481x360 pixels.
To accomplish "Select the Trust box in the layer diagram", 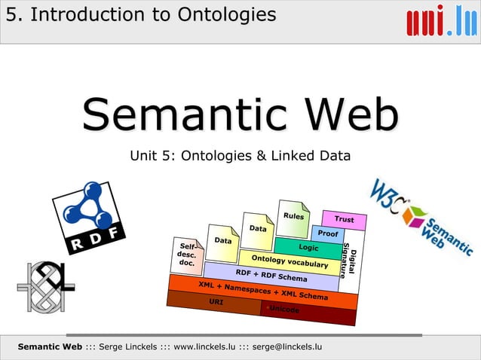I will click(344, 220).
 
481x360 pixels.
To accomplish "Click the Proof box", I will click(327, 234).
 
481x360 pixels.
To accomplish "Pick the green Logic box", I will click(308, 247).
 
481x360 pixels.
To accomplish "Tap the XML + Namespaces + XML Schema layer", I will click(262, 292).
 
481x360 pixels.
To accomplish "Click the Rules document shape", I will click(293, 217).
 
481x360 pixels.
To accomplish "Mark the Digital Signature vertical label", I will click(348, 260).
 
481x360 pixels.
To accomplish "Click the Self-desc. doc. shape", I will click(185, 255).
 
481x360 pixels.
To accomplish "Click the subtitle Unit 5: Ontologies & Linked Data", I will click(240, 157).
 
